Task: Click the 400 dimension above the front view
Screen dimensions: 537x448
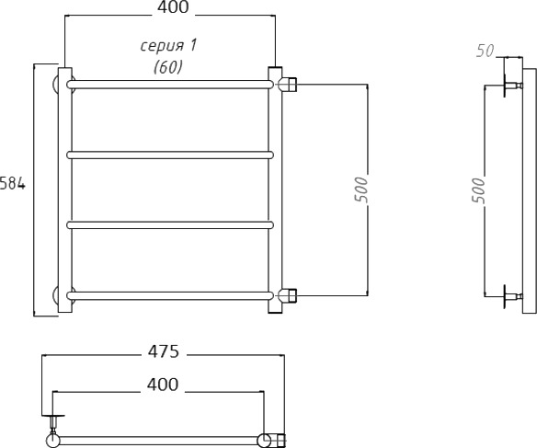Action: pyautogui.click(x=173, y=7)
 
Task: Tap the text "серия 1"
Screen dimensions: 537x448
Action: pyautogui.click(x=168, y=46)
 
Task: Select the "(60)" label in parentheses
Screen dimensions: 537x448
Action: pyautogui.click(x=167, y=67)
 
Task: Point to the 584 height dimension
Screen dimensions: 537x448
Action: pyautogui.click(x=13, y=184)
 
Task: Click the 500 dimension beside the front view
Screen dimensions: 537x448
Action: pyautogui.click(x=361, y=190)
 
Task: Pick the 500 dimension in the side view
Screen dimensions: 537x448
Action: pyautogui.click(x=478, y=190)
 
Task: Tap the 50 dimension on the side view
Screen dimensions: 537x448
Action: pyautogui.click(x=486, y=52)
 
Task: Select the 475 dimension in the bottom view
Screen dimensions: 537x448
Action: pyautogui.click(x=164, y=351)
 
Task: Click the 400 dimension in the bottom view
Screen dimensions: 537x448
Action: pyautogui.click(x=163, y=385)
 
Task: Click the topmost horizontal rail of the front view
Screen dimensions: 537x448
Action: pyautogui.click(x=170, y=85)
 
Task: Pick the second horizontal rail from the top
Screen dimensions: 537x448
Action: pyautogui.click(x=170, y=155)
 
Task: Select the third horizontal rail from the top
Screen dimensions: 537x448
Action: pyautogui.click(x=170, y=225)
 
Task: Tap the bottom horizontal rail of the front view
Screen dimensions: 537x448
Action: pyautogui.click(x=170, y=295)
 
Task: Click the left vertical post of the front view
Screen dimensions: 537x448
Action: pyautogui.click(x=64, y=190)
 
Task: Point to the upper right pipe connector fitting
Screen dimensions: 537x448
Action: pyautogui.click(x=288, y=85)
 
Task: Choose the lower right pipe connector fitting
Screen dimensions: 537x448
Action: pyautogui.click(x=288, y=295)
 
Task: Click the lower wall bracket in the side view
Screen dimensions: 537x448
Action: pyautogui.click(x=512, y=296)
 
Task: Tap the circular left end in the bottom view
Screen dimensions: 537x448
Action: pyautogui.click(x=52, y=440)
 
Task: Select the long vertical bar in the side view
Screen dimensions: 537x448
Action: pyautogui.click(x=529, y=190)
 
